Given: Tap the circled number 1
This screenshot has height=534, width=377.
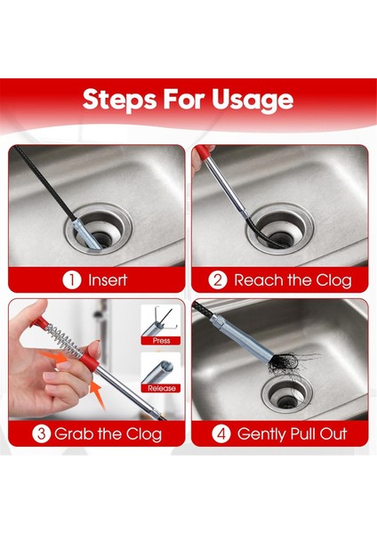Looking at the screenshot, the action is pos(72,280).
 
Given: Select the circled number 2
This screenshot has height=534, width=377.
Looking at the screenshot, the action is pos(218,280).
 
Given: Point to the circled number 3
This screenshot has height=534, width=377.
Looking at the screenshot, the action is pos(42,434).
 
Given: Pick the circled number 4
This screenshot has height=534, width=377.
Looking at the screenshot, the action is pos(221,434).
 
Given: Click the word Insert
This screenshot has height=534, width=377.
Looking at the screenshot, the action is pos(108,280).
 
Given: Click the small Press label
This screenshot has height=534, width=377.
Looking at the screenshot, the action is pos(161,341).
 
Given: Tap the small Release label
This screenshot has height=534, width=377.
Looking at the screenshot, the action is pos(162,388).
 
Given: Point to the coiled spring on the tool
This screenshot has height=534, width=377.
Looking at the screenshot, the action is pos(64,340).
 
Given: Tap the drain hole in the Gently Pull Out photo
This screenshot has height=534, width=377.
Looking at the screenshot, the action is pos(287,394).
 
